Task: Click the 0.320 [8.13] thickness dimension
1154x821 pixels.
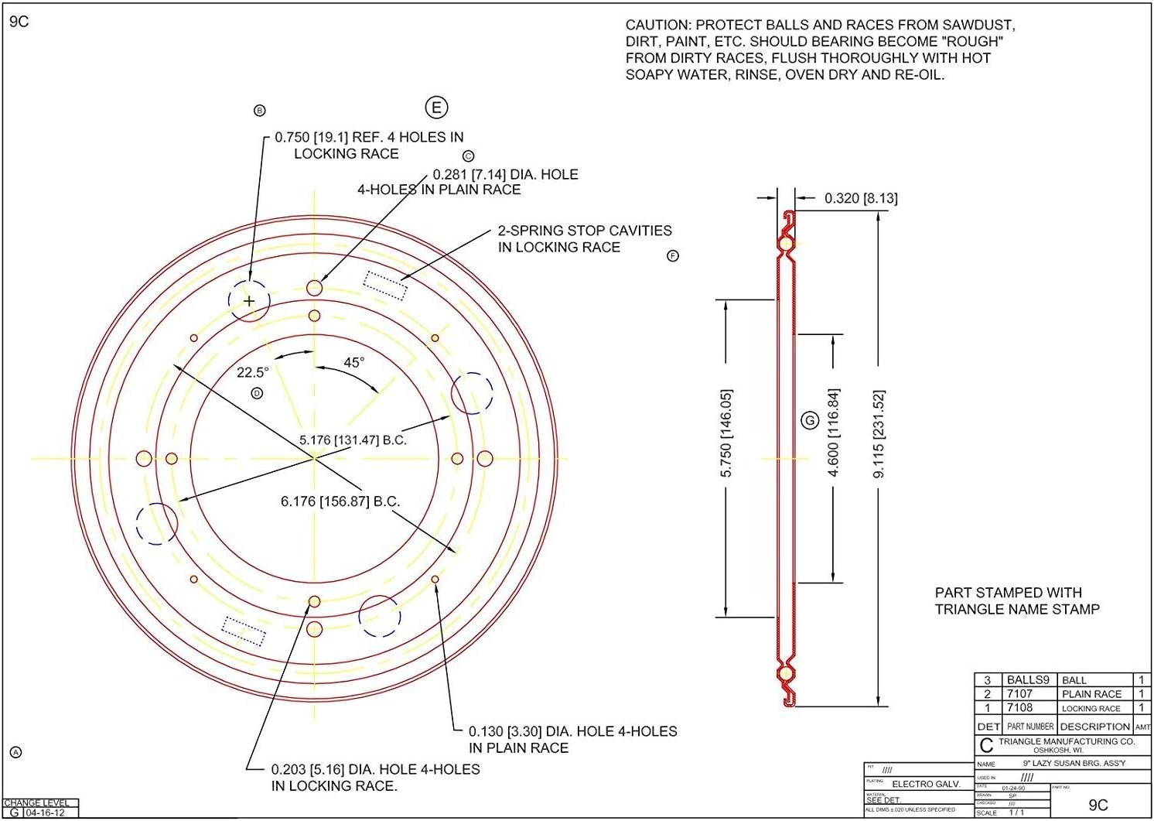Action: click(x=860, y=198)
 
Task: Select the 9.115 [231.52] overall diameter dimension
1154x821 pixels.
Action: click(x=879, y=434)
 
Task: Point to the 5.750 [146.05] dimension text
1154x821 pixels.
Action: click(x=726, y=433)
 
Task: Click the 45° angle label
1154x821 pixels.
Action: click(x=353, y=362)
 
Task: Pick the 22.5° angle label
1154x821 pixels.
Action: click(x=252, y=372)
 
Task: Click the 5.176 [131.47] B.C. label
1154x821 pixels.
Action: click(x=353, y=440)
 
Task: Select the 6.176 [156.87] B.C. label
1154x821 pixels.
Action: click(x=340, y=501)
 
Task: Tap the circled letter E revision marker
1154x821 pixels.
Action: click(x=436, y=108)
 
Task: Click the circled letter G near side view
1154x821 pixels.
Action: click(x=810, y=420)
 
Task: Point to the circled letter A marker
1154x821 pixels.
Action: click(x=15, y=752)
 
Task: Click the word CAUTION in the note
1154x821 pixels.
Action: click(x=657, y=25)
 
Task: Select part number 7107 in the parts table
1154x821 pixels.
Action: click(x=1019, y=694)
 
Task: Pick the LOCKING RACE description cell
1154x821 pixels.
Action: click(x=1091, y=708)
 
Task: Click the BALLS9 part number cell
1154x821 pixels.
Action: click(x=1027, y=680)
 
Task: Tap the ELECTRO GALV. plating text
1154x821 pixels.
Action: click(x=926, y=784)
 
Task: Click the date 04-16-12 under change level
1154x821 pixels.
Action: click(x=45, y=813)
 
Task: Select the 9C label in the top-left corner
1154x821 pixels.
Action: click(x=19, y=22)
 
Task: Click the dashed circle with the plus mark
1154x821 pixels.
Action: click(x=249, y=301)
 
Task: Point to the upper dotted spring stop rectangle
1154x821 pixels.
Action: click(x=385, y=285)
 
